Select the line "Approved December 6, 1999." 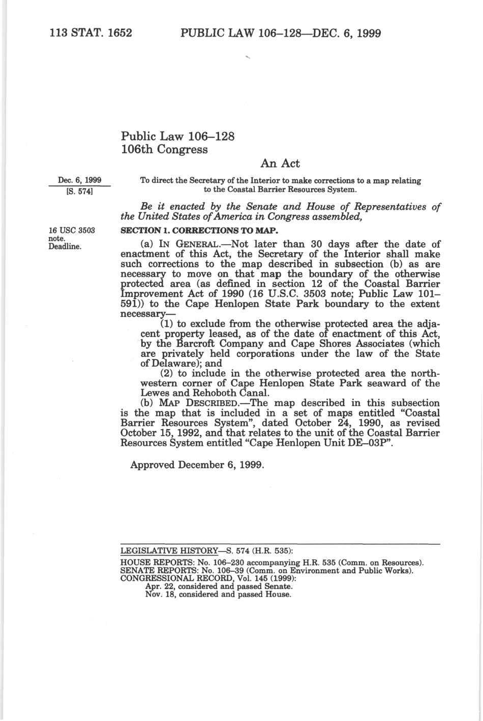click(197, 465)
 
